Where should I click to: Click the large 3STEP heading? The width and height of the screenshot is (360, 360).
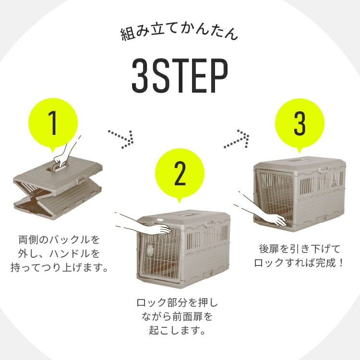point(180,75)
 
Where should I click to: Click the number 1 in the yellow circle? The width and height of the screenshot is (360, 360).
point(53,122)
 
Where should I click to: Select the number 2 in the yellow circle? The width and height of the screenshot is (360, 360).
point(180,173)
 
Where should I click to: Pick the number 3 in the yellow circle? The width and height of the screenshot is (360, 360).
point(300,123)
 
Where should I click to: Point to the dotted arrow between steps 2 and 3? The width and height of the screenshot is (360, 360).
point(237,139)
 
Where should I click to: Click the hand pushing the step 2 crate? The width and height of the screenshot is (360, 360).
point(147,225)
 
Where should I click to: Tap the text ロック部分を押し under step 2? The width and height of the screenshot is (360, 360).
point(177,302)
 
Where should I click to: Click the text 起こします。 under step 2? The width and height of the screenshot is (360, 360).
point(177,330)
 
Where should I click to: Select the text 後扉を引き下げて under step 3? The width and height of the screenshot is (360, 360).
point(300,249)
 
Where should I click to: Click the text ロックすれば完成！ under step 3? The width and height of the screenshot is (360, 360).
point(299,263)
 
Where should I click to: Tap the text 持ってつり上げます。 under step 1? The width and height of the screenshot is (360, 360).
point(59,268)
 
